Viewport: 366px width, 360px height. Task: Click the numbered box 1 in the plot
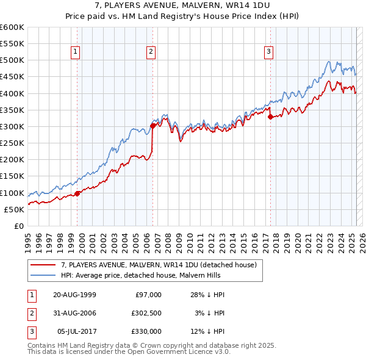click(75, 52)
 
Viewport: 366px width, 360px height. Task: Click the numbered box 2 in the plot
click(150, 52)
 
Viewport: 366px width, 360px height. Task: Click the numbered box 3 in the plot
click(268, 52)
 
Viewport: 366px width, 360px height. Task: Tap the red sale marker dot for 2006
click(152, 126)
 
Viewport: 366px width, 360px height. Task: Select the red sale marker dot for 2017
click(270, 117)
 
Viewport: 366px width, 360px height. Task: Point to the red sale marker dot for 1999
click(77, 193)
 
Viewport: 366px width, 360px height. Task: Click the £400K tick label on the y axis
click(12, 93)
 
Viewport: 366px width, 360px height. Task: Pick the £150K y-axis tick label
click(12, 176)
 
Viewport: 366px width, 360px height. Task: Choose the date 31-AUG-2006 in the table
click(74, 313)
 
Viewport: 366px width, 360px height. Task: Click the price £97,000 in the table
click(148, 295)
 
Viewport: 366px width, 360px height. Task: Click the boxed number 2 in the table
click(30, 313)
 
